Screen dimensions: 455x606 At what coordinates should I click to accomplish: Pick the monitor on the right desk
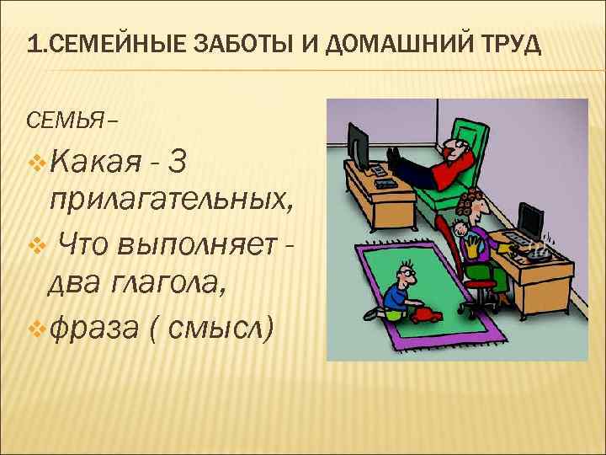(x=530, y=221)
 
